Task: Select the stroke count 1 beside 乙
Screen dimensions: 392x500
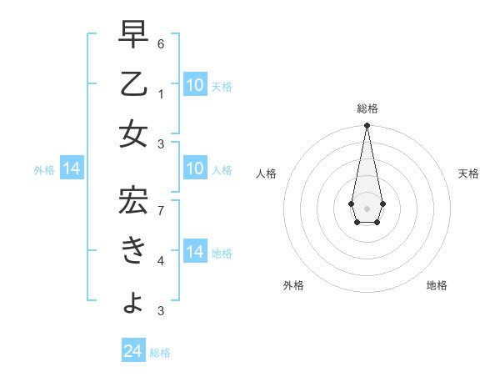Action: click(161, 93)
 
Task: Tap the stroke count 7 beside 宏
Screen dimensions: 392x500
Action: click(161, 209)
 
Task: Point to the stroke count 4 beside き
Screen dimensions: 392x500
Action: click(161, 260)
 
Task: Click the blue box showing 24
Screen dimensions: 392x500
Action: click(133, 351)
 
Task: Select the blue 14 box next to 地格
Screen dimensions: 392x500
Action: click(195, 252)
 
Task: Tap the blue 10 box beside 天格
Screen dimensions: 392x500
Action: click(195, 85)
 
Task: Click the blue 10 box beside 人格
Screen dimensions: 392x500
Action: click(195, 169)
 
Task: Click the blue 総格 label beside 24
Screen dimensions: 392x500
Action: click(160, 353)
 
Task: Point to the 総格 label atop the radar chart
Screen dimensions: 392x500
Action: click(367, 108)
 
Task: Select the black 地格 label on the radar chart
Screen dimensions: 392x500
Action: click(437, 285)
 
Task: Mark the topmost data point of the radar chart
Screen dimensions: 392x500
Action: click(367, 126)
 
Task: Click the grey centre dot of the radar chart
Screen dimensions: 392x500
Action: click(367, 207)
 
